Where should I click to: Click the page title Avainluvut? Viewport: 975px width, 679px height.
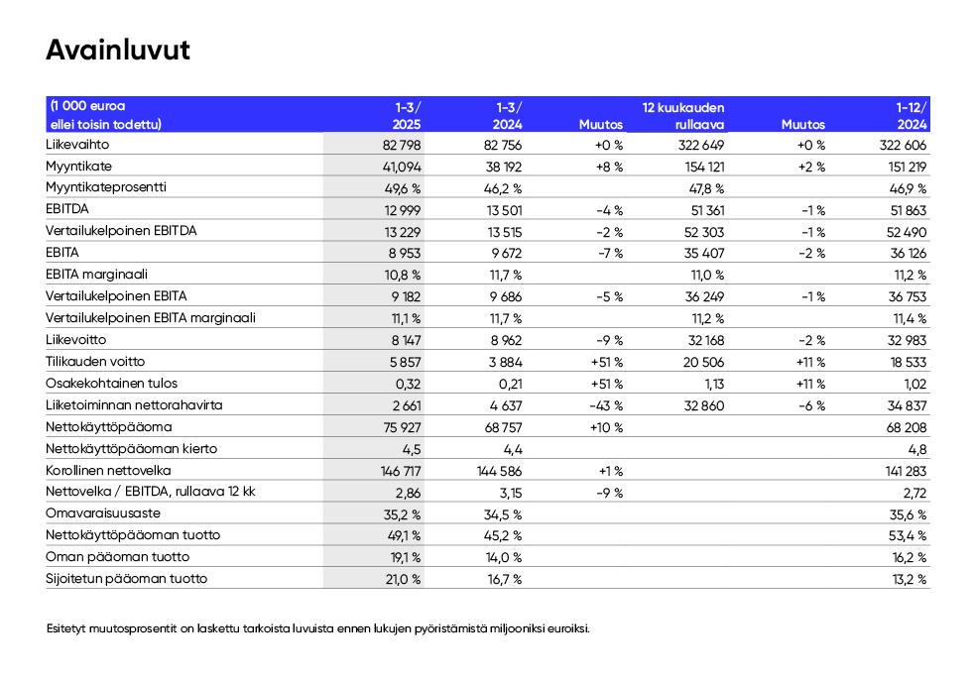(x=117, y=50)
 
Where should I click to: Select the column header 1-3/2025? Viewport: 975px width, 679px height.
(x=407, y=116)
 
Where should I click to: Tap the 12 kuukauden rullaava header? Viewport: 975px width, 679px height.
(x=682, y=116)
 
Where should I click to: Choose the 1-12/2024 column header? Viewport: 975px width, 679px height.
(x=911, y=116)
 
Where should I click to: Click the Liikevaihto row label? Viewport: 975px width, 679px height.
(x=77, y=144)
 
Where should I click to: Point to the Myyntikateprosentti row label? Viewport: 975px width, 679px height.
(x=106, y=187)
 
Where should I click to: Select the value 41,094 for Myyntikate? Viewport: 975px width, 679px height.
(x=402, y=167)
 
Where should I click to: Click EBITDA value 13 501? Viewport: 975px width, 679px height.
(x=504, y=210)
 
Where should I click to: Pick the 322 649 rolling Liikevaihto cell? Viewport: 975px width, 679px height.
(x=701, y=145)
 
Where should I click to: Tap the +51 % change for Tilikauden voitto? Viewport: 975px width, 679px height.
(x=606, y=362)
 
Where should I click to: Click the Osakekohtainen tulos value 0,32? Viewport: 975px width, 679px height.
(x=408, y=384)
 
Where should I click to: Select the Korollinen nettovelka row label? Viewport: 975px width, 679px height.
(x=108, y=470)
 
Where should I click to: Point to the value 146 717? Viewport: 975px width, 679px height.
(x=401, y=471)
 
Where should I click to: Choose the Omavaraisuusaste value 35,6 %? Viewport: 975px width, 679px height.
(x=908, y=514)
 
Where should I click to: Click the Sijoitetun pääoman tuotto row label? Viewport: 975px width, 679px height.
(x=126, y=578)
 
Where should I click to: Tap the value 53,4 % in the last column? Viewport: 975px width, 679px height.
(x=908, y=535)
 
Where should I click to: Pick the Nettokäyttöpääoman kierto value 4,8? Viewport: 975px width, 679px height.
(x=917, y=449)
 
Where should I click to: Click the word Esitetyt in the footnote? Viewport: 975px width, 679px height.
(x=65, y=628)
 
